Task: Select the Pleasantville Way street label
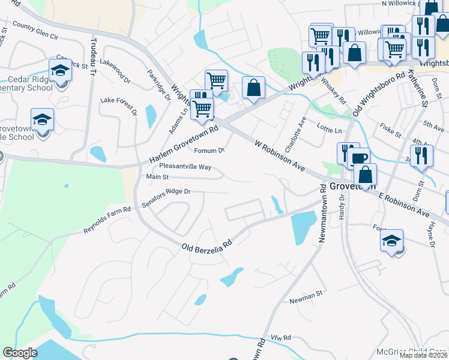[x=185, y=167]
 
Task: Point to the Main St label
[x=157, y=177]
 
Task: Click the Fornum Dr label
[x=209, y=151]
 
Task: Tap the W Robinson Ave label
[x=280, y=155]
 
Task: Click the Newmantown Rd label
[x=322, y=213]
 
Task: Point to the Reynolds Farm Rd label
[x=107, y=221]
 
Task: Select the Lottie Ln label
[x=330, y=130]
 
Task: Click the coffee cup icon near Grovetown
[x=359, y=158]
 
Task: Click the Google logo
[x=20, y=353]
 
